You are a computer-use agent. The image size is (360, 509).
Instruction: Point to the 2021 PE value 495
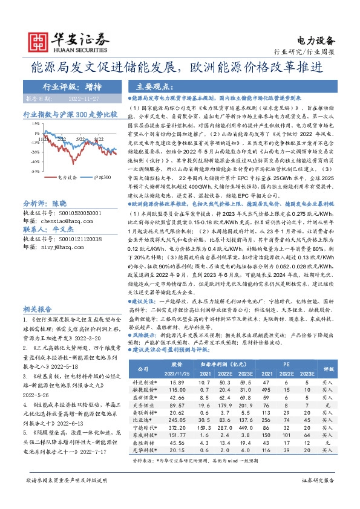[x=266, y=375]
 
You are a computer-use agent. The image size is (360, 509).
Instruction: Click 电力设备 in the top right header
[x=316, y=41]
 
